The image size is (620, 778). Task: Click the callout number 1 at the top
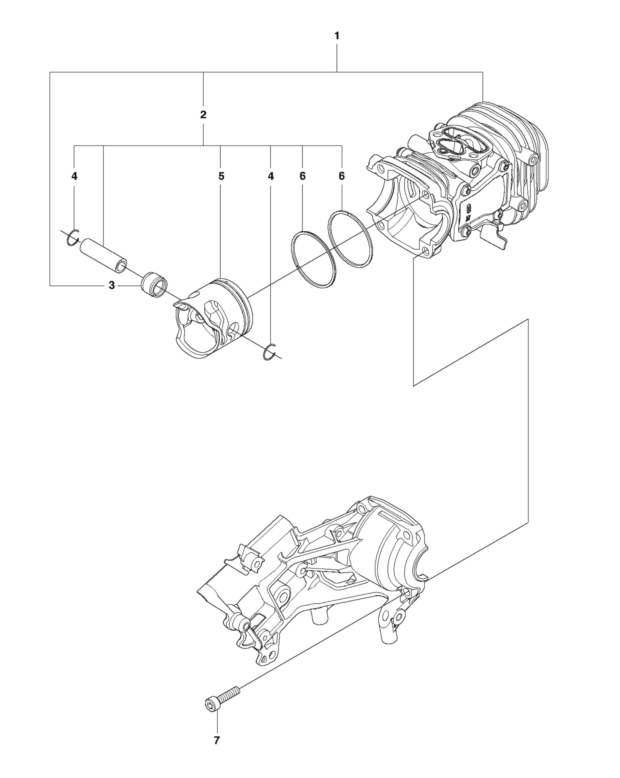coord(337,36)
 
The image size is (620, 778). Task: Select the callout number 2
coord(203,115)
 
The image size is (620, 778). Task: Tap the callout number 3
coord(111,285)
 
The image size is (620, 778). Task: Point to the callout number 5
coord(221,176)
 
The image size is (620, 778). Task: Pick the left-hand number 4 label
coord(75,176)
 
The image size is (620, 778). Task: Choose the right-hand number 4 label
coord(271,176)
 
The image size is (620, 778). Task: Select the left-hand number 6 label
coord(303,176)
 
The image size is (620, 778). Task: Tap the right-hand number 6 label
coord(342,176)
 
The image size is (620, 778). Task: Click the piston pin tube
coord(103,255)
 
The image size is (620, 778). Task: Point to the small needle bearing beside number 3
coord(155,284)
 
